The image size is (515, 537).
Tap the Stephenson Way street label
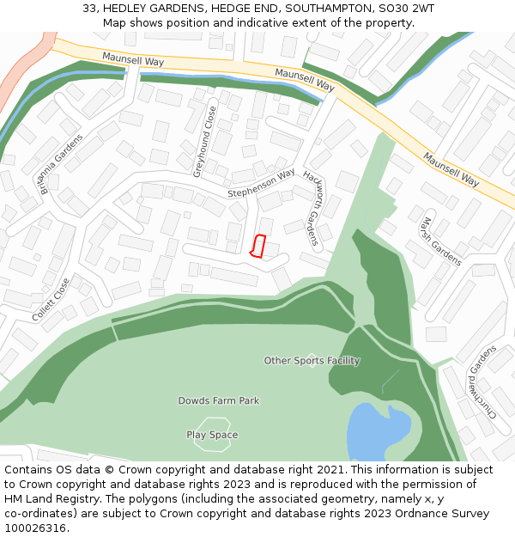pyautogui.click(x=261, y=183)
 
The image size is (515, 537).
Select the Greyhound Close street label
pyautogui.click(x=204, y=142)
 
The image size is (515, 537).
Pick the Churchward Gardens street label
pyautogui.click(x=481, y=381)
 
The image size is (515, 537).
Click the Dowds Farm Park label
pyautogui.click(x=218, y=400)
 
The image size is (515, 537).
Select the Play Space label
pyautogui.click(x=212, y=435)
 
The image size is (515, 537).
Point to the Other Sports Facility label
pyautogui.click(x=312, y=361)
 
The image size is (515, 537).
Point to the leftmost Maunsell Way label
pyautogui.click(x=132, y=58)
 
